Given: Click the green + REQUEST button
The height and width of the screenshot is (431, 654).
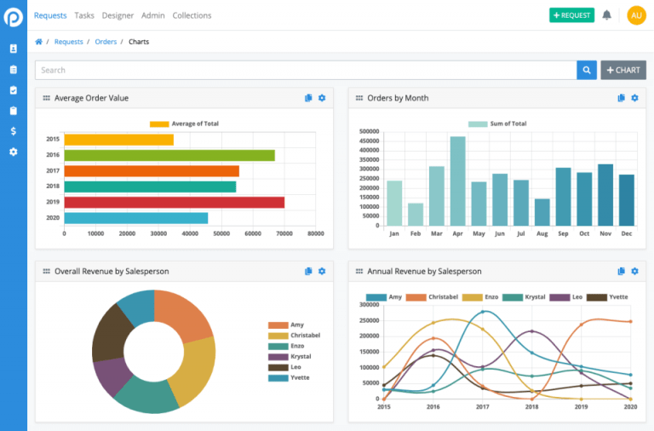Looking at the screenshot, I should pos(571,15).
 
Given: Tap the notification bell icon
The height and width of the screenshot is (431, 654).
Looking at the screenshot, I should pos(607,15).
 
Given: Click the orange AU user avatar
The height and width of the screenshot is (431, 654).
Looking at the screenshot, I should pos(636,15).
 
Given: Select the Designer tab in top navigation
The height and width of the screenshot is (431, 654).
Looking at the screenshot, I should pos(118,15).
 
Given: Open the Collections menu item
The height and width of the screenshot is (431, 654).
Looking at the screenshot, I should pos(192,15).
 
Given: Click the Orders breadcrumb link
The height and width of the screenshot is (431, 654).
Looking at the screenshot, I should pos(106,42).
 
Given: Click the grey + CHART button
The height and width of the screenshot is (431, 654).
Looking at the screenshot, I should pos(623,70).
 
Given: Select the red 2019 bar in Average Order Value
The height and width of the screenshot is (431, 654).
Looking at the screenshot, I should pos(174,202).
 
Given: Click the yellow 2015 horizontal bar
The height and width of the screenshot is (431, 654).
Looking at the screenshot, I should pos(118,140).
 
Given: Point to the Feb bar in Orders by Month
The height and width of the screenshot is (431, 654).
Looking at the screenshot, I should pos(416,214).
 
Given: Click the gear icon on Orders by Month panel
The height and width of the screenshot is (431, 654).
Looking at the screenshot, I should pos(634,98).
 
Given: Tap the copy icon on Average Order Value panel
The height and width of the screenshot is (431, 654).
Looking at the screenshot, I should pos(309,98).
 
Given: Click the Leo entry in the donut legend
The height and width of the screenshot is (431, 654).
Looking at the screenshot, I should pos(295,367).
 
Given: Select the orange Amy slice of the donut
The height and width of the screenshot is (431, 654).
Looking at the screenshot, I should pos(185,314).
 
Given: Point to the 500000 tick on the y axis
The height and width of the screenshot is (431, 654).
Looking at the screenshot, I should pos(368,132).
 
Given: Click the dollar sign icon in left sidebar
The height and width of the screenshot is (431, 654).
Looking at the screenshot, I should pos(13,131).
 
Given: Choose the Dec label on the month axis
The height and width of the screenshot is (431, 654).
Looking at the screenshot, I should pos(626,233).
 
